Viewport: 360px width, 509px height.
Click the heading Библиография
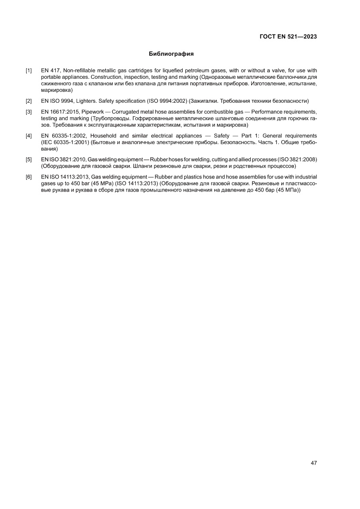[x=171, y=54]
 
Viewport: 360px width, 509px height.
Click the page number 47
[x=313, y=462]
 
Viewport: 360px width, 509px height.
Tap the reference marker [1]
[x=29, y=71]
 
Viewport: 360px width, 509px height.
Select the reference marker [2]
[x=29, y=101]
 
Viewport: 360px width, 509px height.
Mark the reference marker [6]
[x=29, y=177]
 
